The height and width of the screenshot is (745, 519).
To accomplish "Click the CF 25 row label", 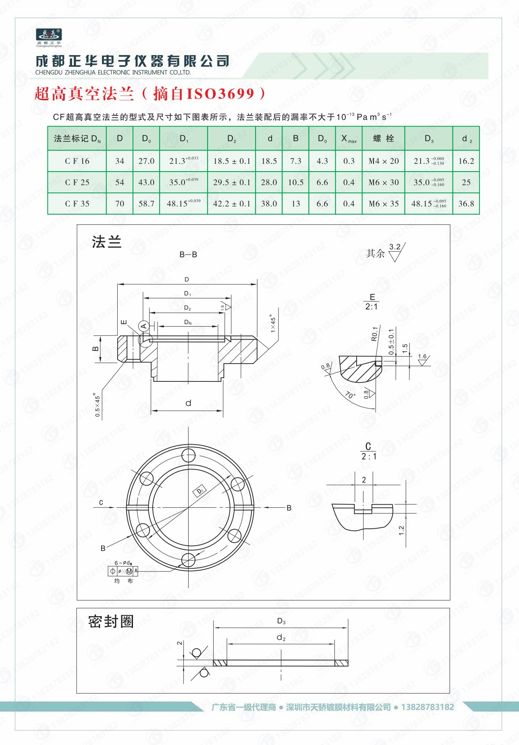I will (x=77, y=182).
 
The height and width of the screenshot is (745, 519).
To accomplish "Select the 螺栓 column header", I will (x=383, y=139).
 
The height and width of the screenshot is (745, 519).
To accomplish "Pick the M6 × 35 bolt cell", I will (x=383, y=204).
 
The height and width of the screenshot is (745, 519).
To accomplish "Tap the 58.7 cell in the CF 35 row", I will (x=146, y=204).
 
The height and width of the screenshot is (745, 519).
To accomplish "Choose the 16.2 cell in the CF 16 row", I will (x=466, y=161).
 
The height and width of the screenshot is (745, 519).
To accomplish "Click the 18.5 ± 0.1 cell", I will (x=232, y=161).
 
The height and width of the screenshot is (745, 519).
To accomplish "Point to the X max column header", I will (x=349, y=139).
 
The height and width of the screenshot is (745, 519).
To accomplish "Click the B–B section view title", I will (x=188, y=255).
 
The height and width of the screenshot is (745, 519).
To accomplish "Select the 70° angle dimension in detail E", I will (x=350, y=395).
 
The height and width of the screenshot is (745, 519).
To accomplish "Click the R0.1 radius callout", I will (x=375, y=334).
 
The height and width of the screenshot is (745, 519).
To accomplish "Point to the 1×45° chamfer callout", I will (x=273, y=323).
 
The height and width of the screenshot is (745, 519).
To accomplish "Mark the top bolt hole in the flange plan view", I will (x=188, y=456).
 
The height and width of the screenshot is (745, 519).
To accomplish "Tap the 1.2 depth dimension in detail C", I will (x=401, y=530).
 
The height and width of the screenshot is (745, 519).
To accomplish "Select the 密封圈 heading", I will (x=111, y=621).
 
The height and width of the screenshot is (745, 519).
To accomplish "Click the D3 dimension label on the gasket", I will (x=281, y=621).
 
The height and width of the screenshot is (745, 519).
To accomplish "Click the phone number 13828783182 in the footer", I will (x=427, y=707).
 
